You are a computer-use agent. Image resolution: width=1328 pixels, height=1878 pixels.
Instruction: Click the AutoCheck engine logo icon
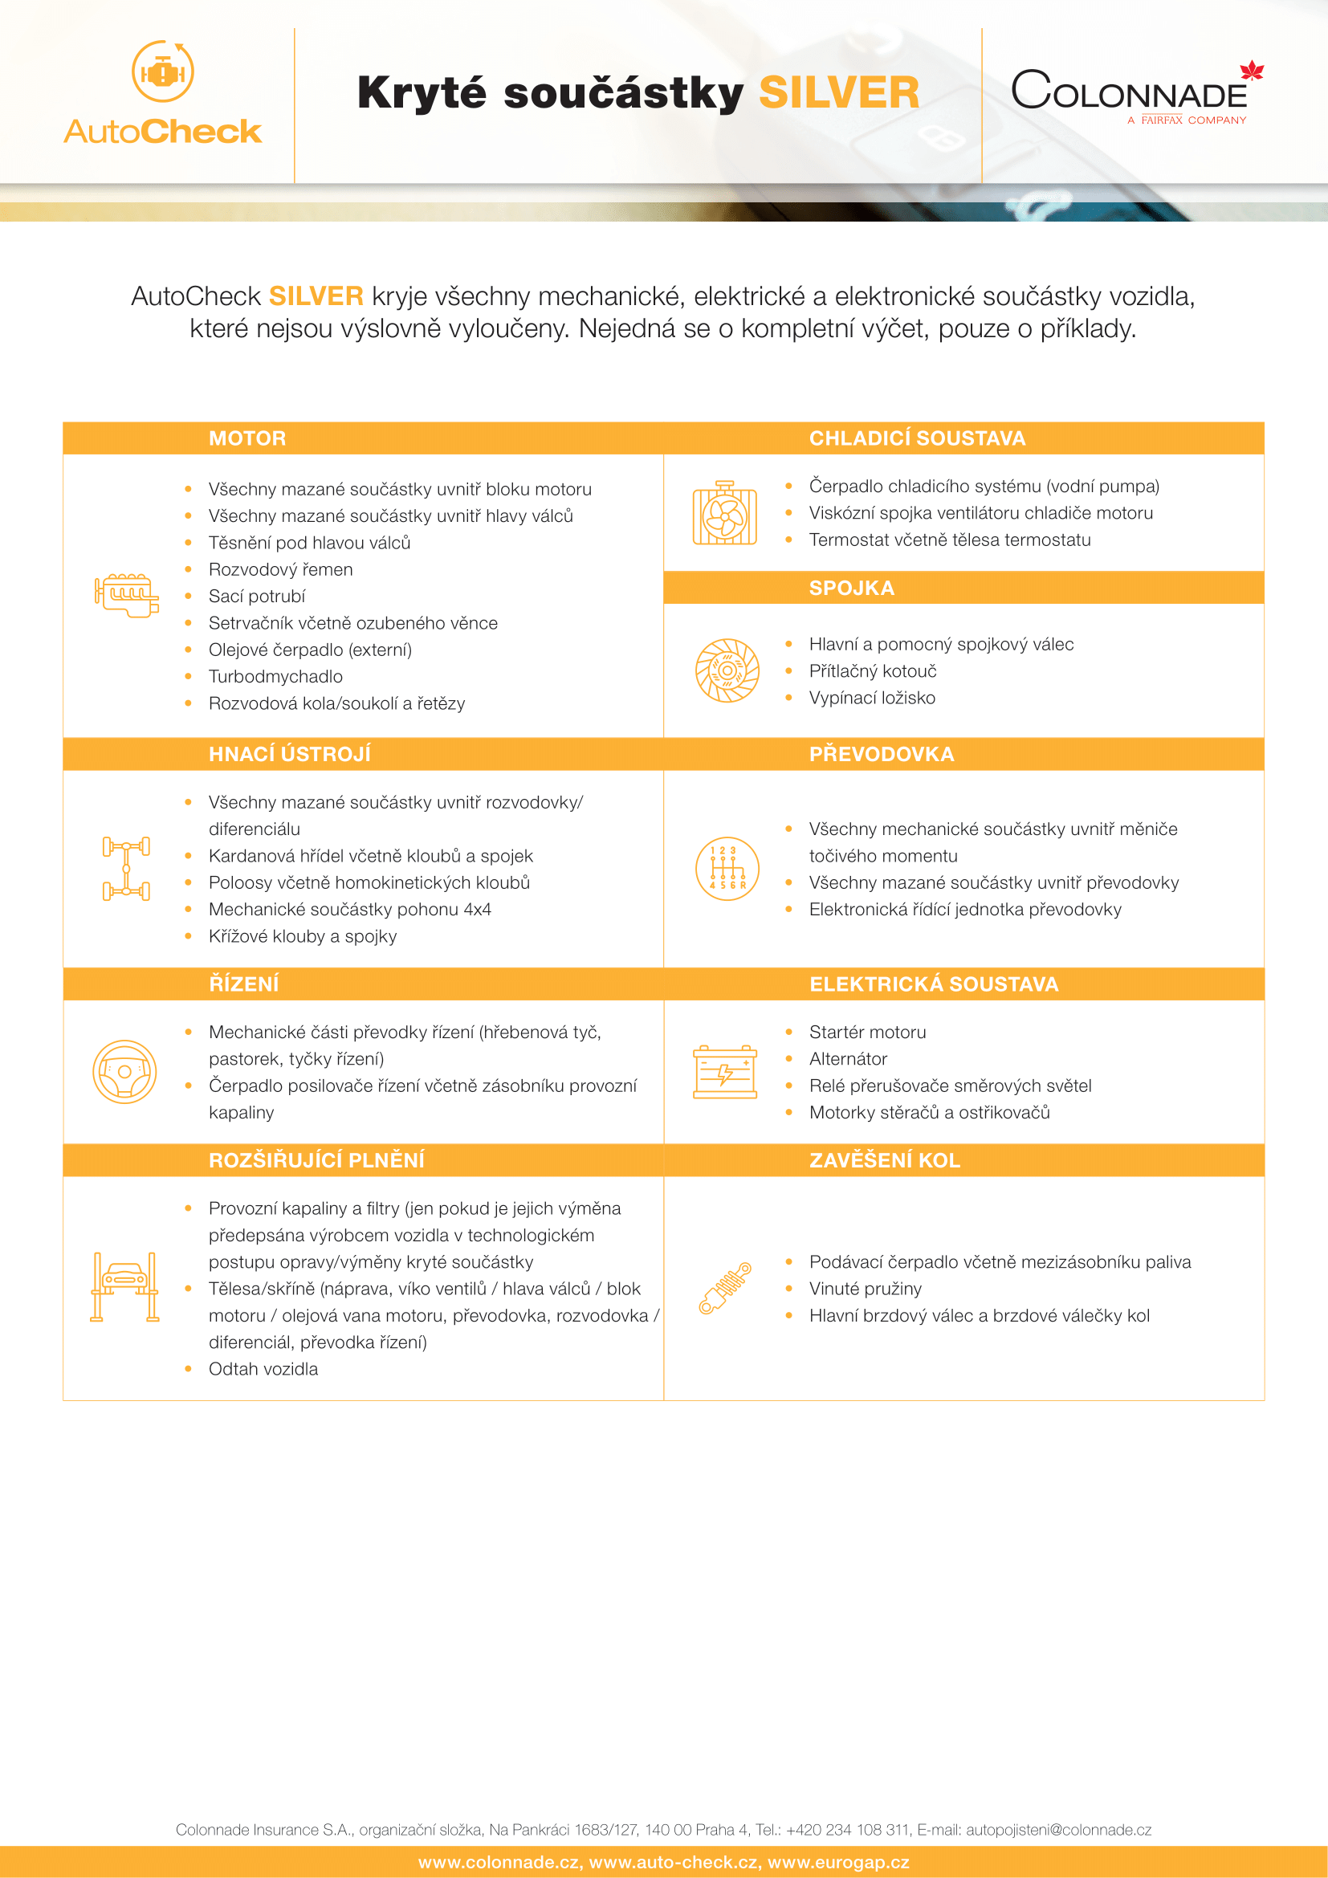[x=163, y=72]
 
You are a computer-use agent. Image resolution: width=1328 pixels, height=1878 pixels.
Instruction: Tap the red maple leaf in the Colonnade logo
[x=1251, y=71]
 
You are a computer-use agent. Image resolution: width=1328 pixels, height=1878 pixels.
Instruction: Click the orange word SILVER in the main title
[x=839, y=93]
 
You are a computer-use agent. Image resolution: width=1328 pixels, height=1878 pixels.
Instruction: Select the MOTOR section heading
[x=247, y=438]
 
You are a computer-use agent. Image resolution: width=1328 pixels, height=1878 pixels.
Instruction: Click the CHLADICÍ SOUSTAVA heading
[x=917, y=438]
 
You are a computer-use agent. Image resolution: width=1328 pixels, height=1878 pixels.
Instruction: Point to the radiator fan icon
[x=724, y=514]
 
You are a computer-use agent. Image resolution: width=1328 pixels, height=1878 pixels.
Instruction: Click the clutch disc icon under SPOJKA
[x=727, y=670]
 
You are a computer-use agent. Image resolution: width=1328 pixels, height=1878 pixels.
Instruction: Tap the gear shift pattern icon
[x=727, y=869]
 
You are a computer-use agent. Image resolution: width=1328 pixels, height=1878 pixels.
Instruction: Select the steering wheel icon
[x=124, y=1072]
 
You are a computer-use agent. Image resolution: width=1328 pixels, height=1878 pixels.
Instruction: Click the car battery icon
[x=724, y=1072]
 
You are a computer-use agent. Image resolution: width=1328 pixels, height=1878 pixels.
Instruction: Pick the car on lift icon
[x=124, y=1286]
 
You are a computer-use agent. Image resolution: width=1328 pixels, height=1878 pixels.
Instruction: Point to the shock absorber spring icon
[x=724, y=1288]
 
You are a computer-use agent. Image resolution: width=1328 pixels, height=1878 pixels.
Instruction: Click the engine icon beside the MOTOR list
[x=127, y=595]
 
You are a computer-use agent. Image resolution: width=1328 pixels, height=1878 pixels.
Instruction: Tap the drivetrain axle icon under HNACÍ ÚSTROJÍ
[x=126, y=869]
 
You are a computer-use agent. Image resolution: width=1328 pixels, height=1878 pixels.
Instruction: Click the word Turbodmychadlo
[x=275, y=676]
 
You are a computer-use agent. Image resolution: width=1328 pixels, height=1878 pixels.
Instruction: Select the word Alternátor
[x=848, y=1059]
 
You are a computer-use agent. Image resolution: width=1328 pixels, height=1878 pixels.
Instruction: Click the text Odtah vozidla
[x=263, y=1369]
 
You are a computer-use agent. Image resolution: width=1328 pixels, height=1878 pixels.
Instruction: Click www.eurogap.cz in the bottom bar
[x=838, y=1863]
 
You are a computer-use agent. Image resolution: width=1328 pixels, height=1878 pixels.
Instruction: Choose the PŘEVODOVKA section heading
[x=882, y=754]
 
